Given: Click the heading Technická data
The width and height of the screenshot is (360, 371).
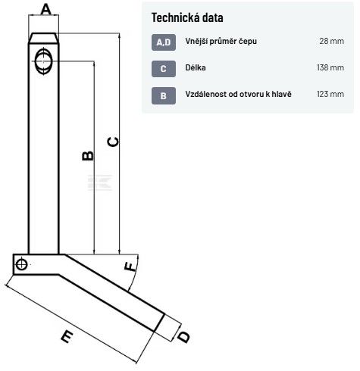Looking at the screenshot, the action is pos(187,17).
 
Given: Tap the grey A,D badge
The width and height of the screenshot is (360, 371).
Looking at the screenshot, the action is pos(164,42).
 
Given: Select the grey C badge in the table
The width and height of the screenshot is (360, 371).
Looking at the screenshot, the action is pos(164,69).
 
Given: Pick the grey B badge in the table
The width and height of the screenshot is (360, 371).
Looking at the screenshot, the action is pos(164,95).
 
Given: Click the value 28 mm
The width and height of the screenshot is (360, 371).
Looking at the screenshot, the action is pos(331,41).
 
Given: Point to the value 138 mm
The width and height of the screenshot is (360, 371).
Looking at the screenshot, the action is pos(330,67).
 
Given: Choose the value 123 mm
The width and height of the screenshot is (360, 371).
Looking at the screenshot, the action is pos(330,94).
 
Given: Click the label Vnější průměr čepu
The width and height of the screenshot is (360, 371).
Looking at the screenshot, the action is pos(221,41).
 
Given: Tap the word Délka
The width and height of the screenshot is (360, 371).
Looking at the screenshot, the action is pos(196,67).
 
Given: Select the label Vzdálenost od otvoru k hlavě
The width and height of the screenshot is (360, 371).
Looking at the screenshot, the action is pos(238,94).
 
